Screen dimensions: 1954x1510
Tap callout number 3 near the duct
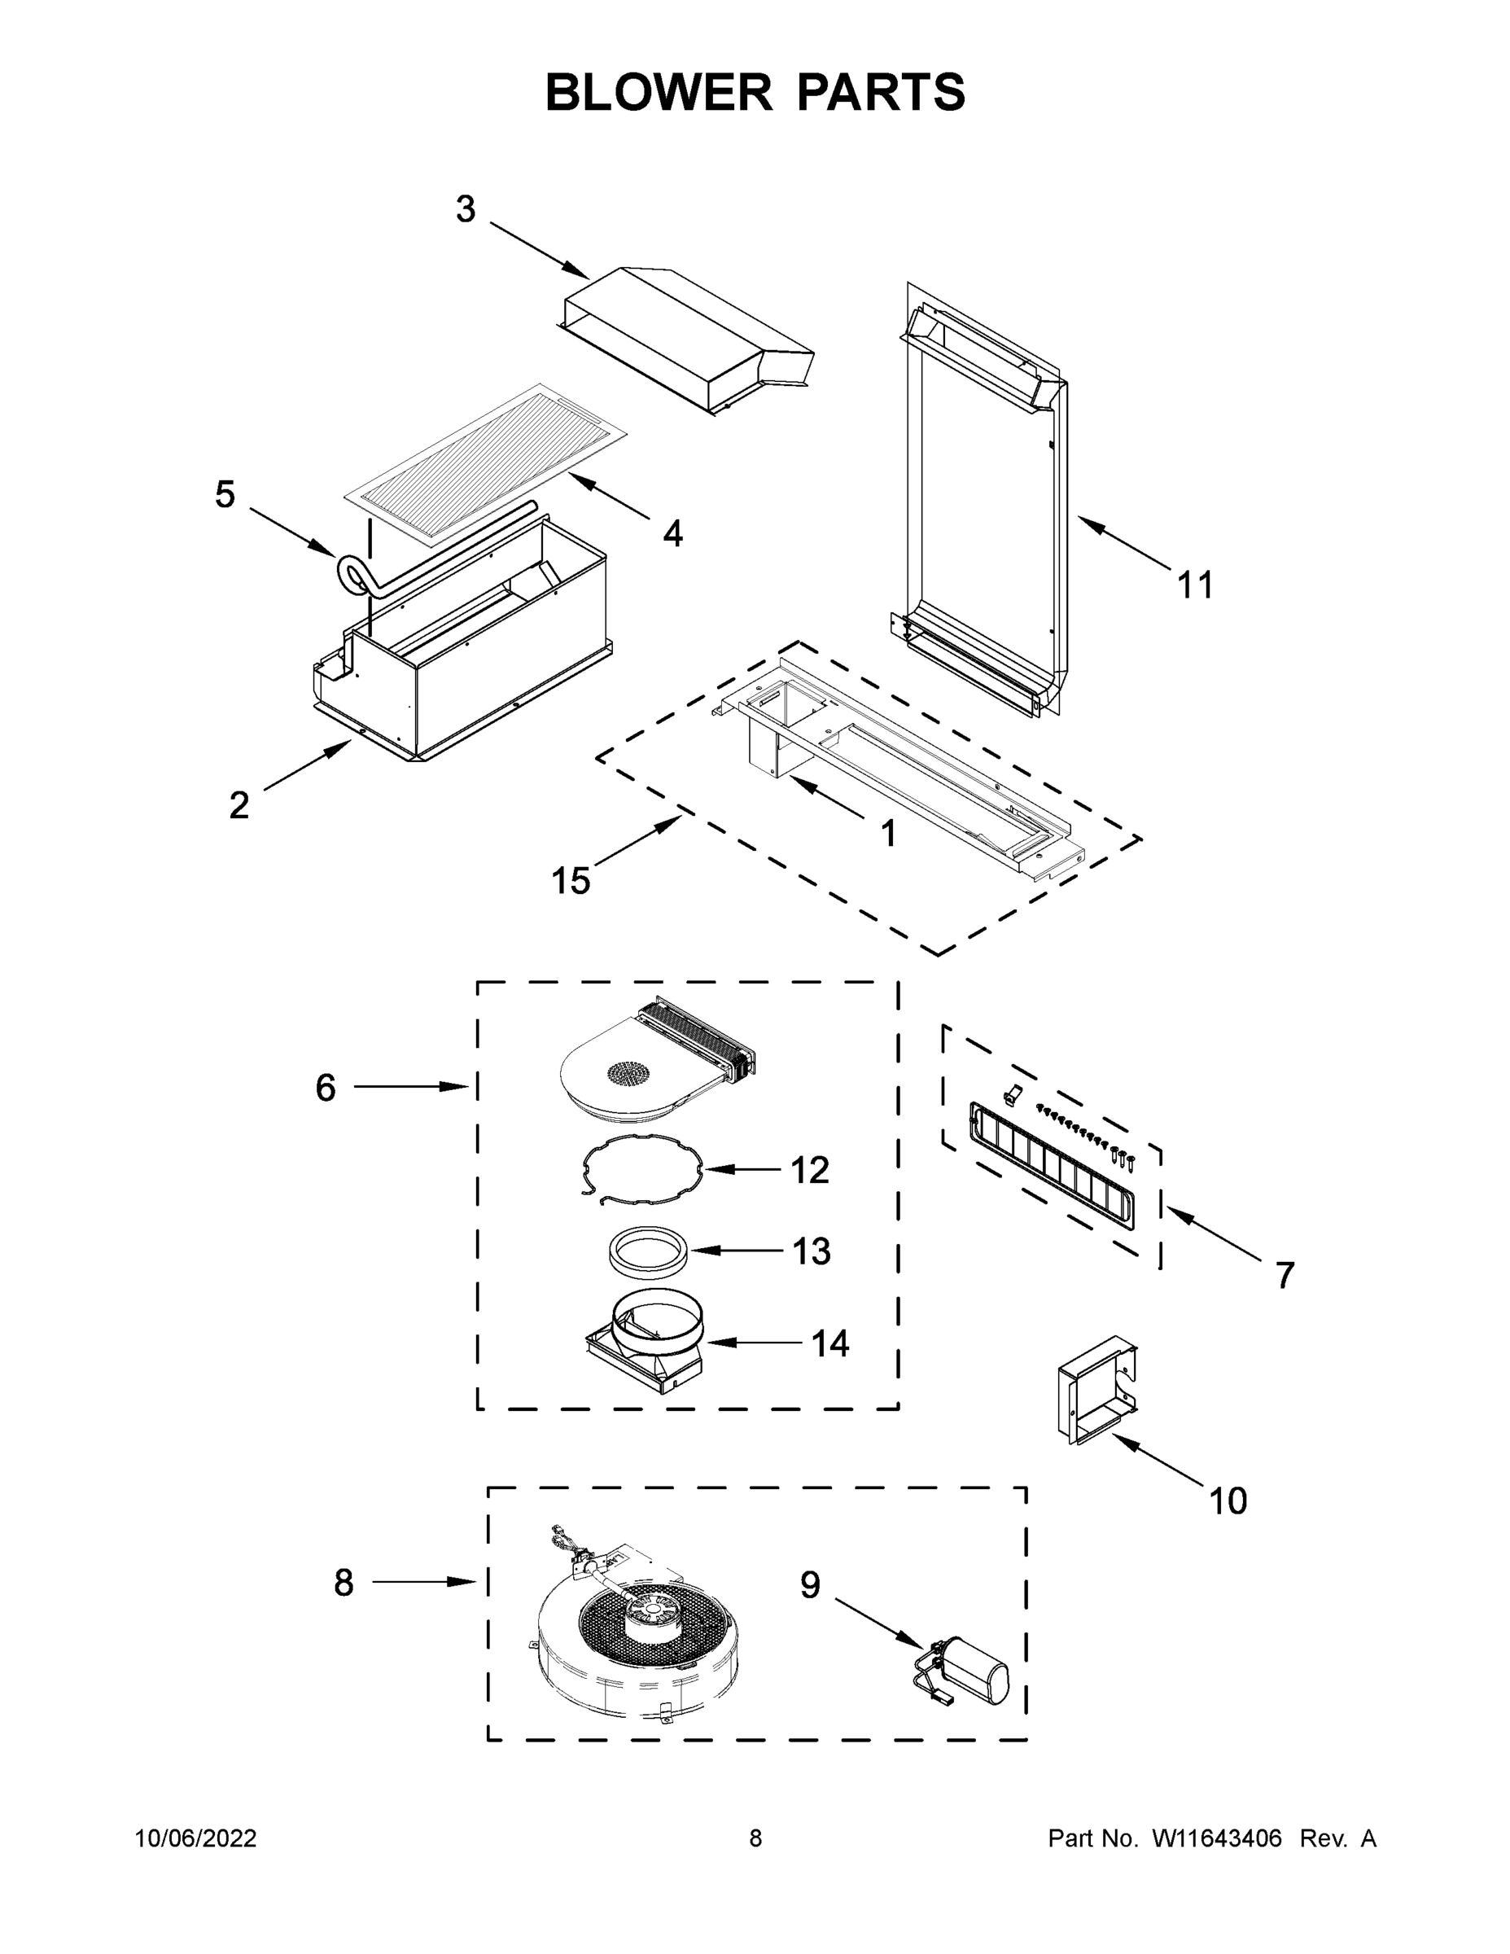465,209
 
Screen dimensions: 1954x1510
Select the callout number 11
1195,586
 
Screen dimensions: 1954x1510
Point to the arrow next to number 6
412,1087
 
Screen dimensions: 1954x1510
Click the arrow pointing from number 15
635,843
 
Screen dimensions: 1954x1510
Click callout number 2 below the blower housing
239,805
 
